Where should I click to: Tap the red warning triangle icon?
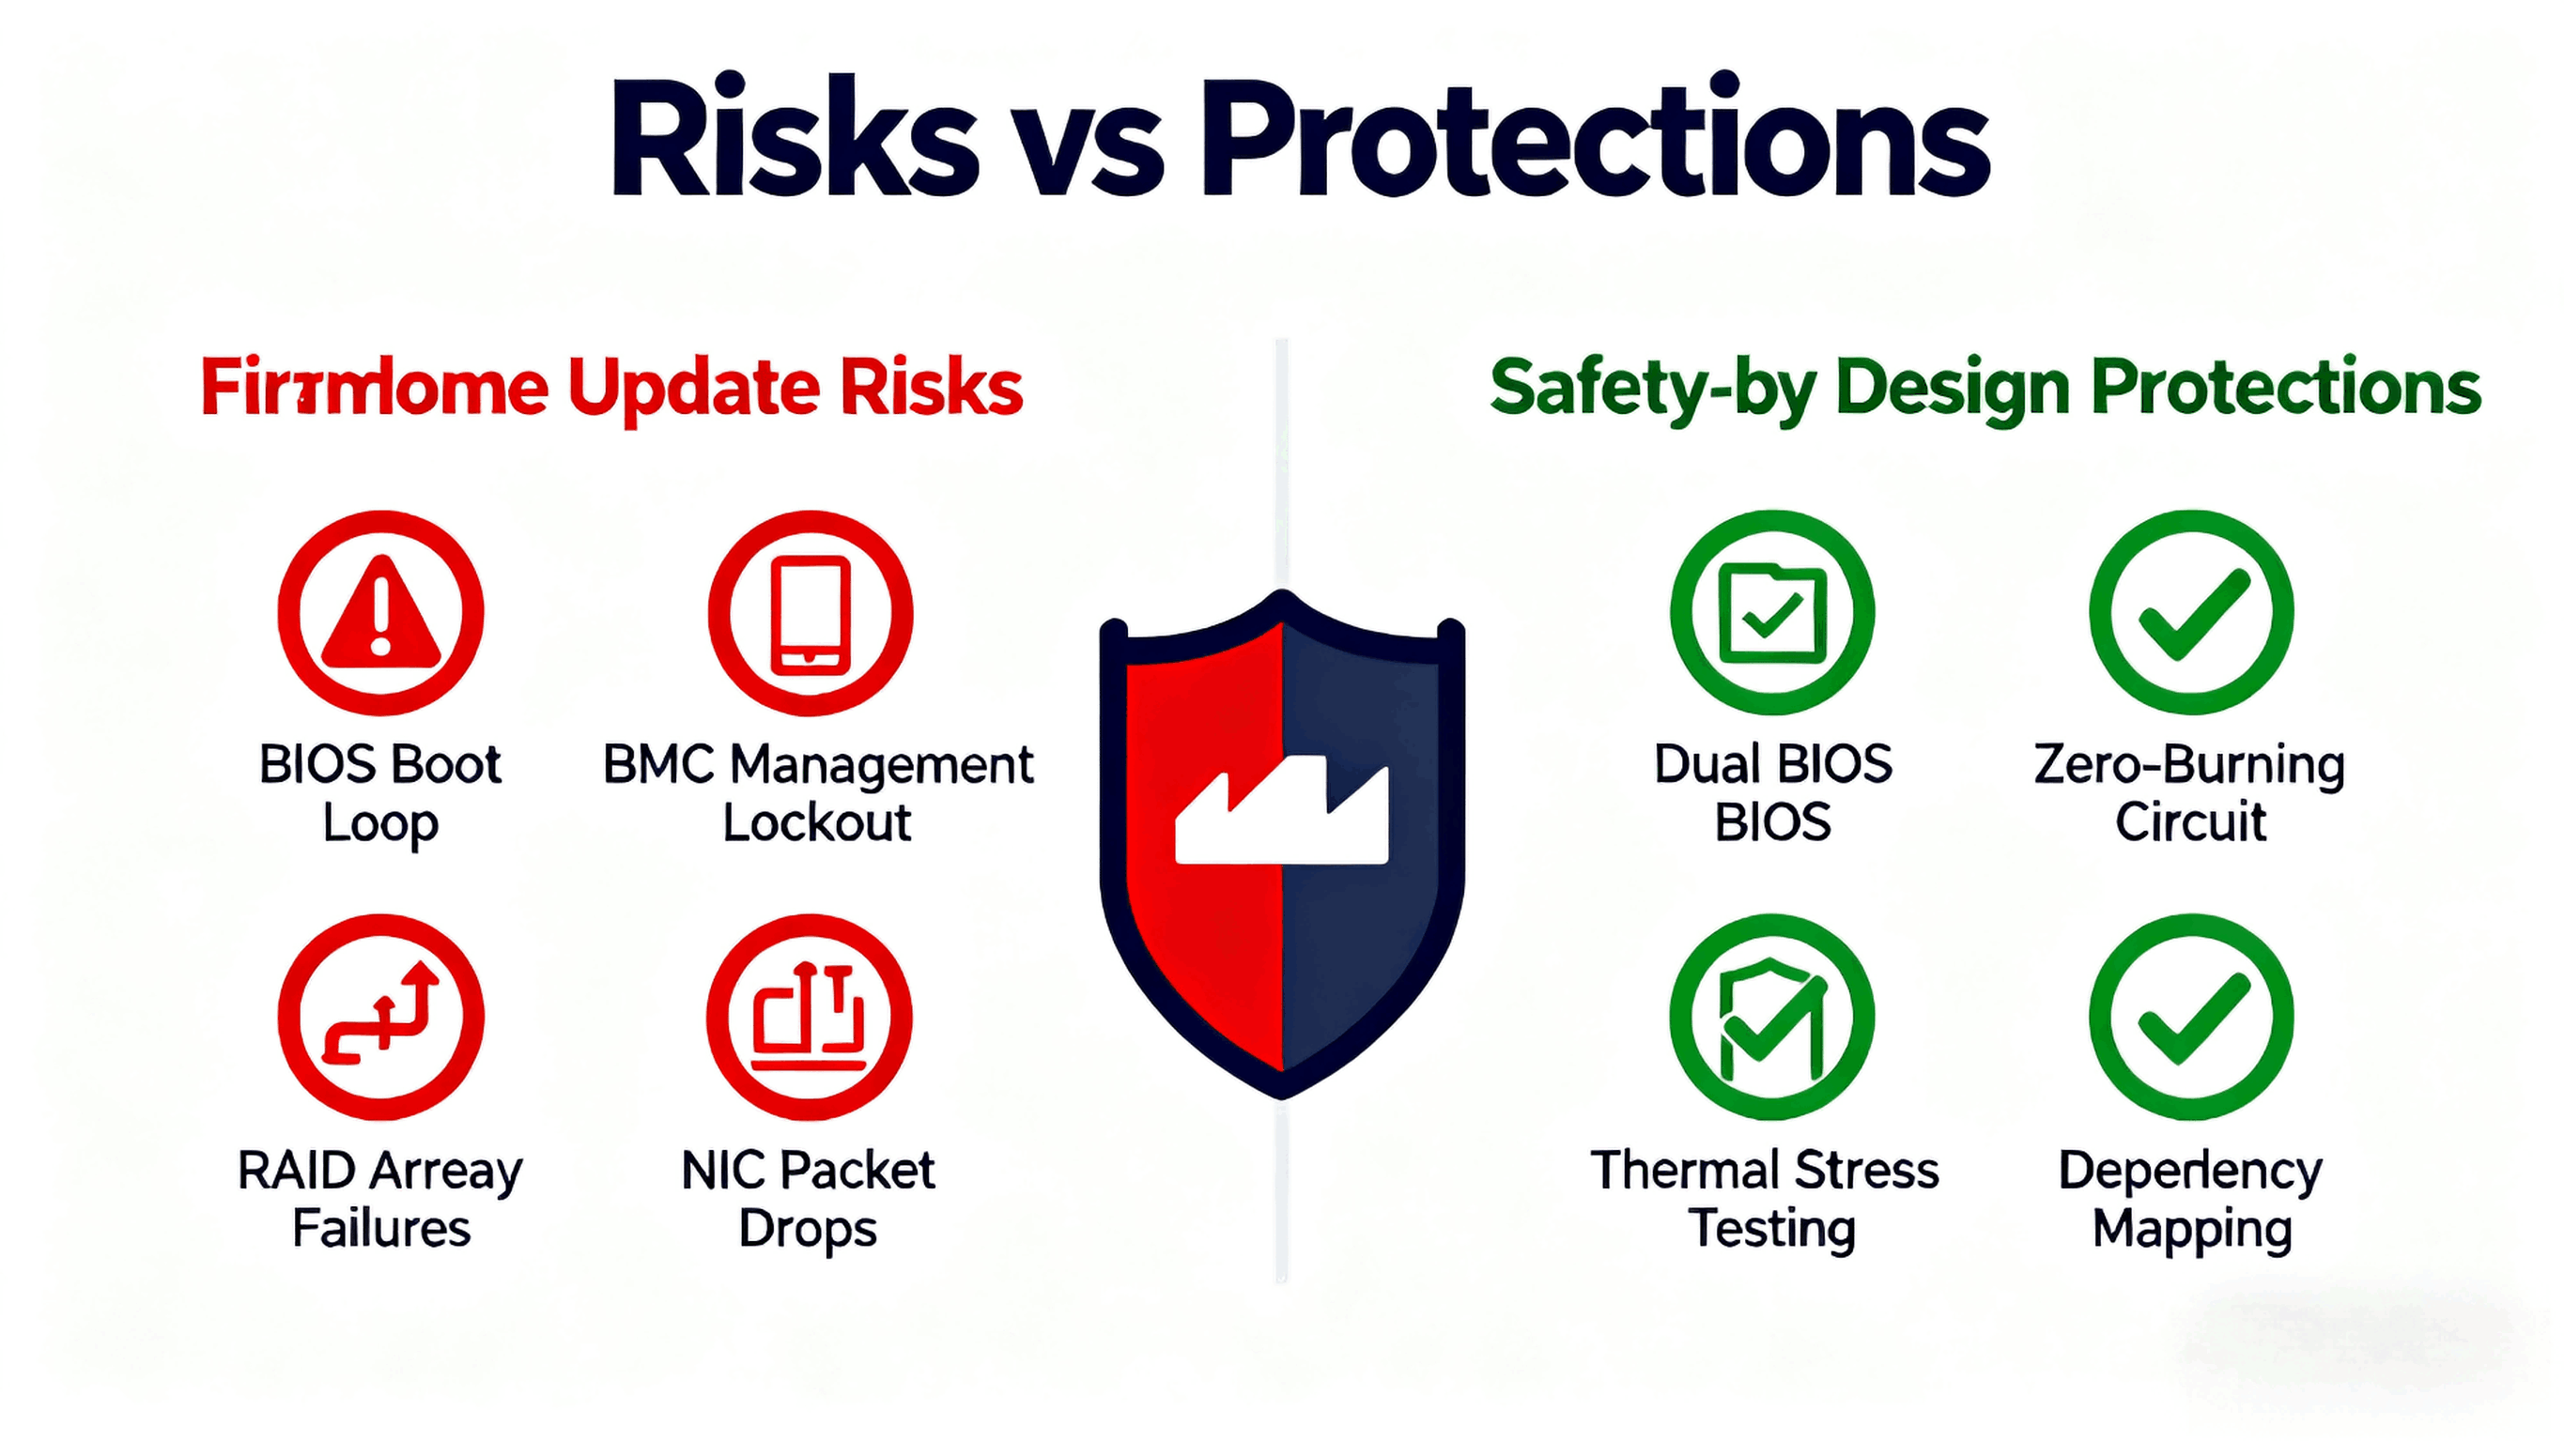click(381, 613)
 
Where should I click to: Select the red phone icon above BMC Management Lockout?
click(811, 613)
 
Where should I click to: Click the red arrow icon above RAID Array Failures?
click(381, 1016)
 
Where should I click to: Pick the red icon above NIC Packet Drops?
click(810, 1016)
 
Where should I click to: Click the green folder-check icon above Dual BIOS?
click(1772, 613)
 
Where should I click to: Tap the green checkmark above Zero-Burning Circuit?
click(2192, 613)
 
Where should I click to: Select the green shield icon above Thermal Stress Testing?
click(1772, 1016)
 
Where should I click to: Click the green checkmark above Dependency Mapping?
click(2192, 1016)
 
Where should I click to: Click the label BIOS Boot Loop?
click(380, 793)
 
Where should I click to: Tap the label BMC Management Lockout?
click(817, 793)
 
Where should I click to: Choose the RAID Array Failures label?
click(380, 1199)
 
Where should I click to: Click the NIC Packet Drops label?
click(809, 1199)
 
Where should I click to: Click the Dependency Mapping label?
click(2191, 1199)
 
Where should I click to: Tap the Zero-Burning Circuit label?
click(2191, 793)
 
